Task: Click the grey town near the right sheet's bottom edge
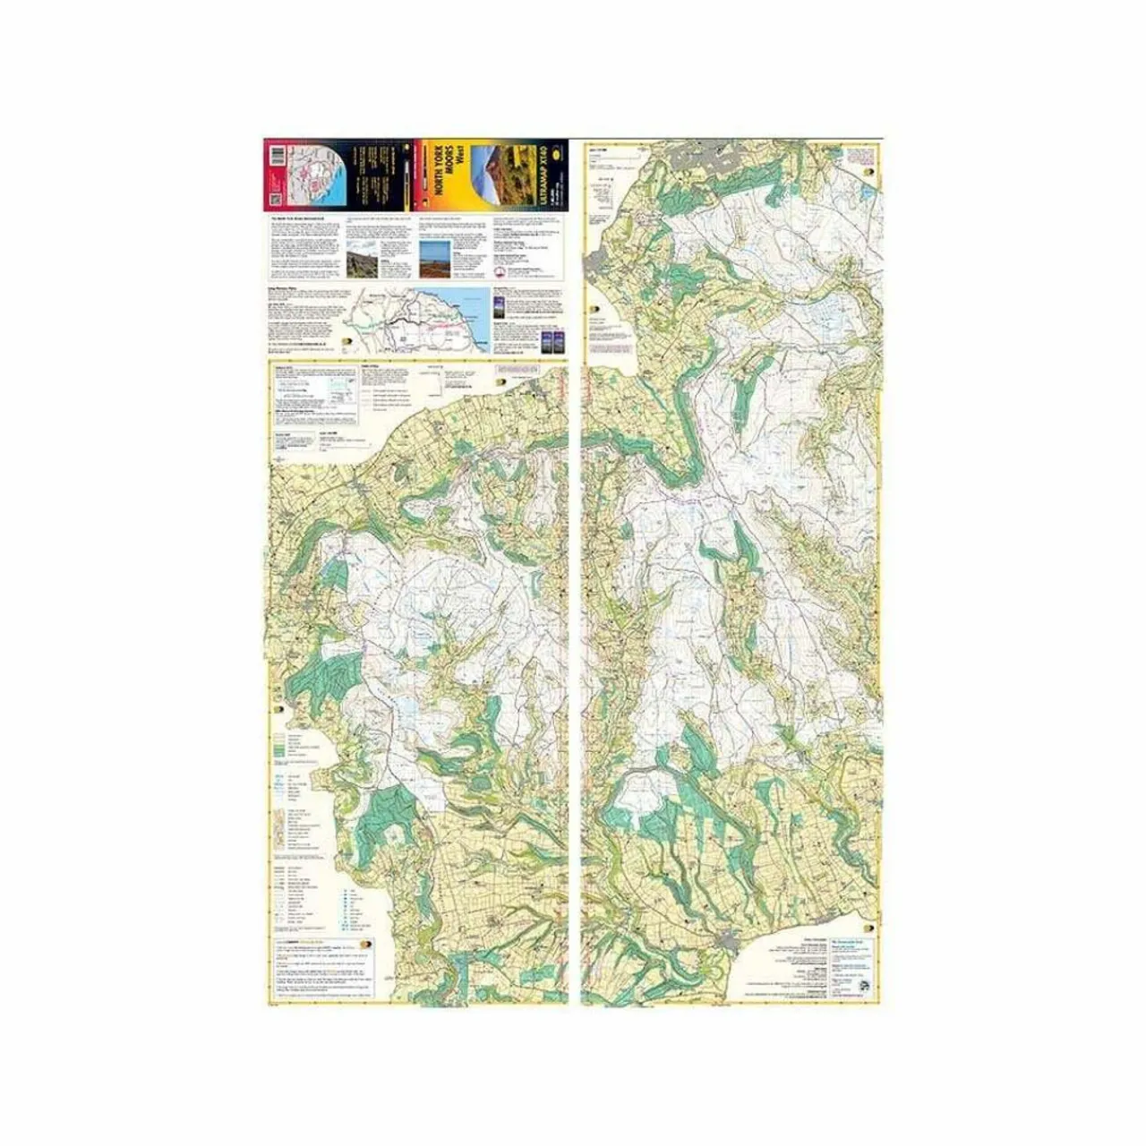pyautogui.click(x=730, y=939)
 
